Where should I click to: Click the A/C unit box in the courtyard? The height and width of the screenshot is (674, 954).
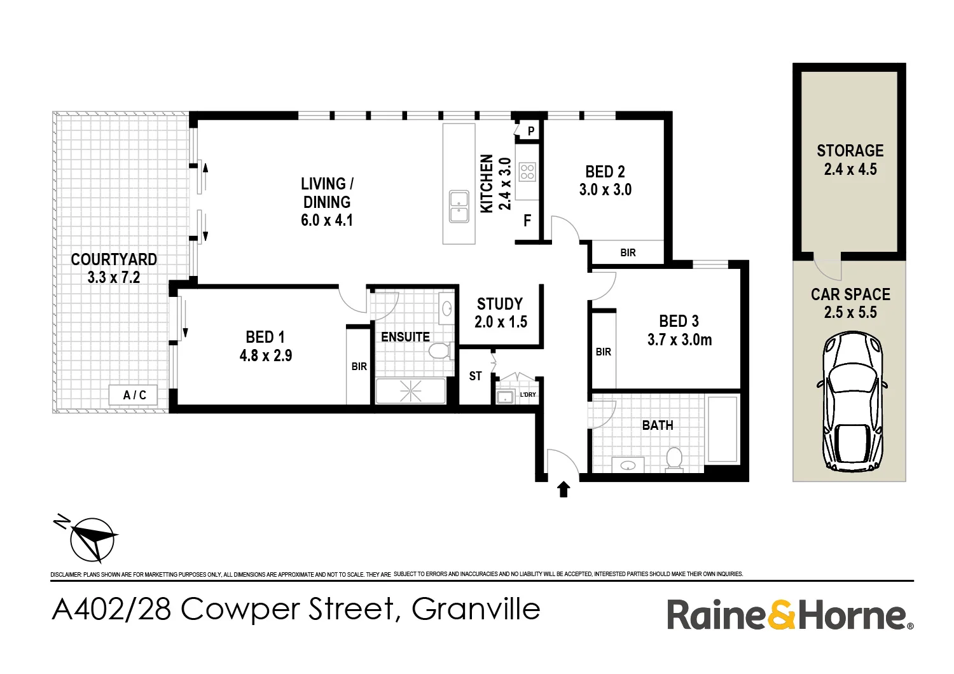click(134, 395)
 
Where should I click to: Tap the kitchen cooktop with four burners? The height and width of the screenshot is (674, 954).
click(527, 172)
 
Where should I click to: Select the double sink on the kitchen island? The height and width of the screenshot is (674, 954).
click(459, 207)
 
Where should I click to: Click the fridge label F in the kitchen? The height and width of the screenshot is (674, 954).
click(527, 221)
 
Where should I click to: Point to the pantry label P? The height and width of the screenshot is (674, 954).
click(531, 132)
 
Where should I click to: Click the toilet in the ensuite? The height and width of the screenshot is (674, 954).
click(441, 351)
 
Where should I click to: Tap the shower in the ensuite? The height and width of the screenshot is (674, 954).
click(411, 390)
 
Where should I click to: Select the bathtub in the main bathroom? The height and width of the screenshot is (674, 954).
click(722, 429)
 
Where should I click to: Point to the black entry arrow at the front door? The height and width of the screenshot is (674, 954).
click(563, 489)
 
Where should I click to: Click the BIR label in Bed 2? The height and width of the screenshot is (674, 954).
click(628, 253)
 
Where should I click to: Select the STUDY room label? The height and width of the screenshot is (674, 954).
click(500, 304)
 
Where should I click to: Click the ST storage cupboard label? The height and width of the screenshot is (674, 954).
click(475, 376)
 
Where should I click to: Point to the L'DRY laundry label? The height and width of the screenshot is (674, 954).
click(528, 395)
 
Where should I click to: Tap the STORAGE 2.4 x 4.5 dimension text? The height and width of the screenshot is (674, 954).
click(850, 170)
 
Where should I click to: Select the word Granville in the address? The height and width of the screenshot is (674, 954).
click(476, 609)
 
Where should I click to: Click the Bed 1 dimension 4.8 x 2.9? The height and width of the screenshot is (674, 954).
click(266, 355)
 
